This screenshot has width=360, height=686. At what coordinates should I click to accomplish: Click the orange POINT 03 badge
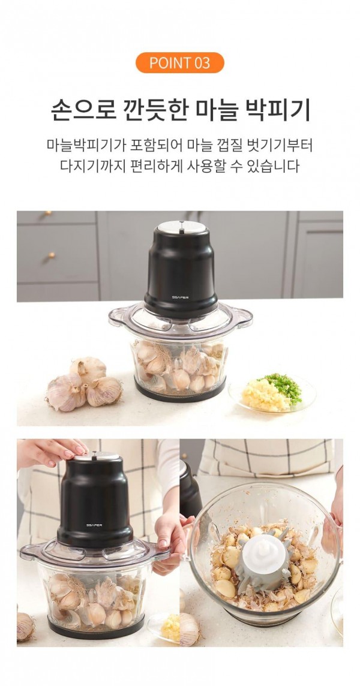(x=179, y=62)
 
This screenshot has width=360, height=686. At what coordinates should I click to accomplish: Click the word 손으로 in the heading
(x=83, y=110)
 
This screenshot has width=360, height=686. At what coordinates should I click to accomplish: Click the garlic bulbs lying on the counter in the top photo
(x=83, y=384)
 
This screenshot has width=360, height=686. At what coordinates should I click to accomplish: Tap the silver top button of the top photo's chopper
(x=182, y=227)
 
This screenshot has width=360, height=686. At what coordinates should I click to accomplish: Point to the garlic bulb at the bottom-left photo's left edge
(x=25, y=627)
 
